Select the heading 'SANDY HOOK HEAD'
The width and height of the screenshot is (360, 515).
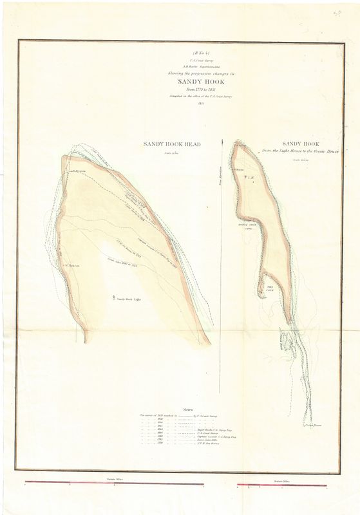[173, 145]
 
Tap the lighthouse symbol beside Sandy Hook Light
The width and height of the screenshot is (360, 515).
[114, 297]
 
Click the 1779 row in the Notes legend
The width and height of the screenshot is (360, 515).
[174, 445]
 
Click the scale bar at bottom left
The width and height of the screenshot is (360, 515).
[116, 484]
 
